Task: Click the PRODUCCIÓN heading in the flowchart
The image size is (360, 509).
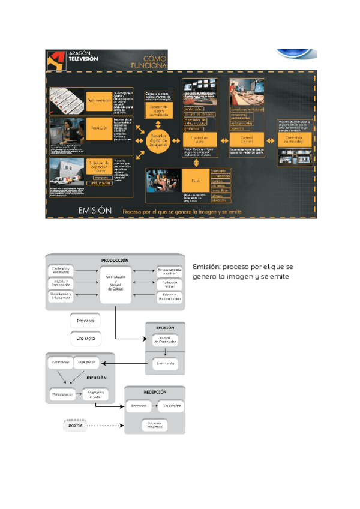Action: [116, 260]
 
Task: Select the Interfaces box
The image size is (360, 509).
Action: [85, 321]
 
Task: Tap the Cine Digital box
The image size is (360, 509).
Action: [85, 339]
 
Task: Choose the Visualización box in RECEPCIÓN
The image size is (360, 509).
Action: [170, 406]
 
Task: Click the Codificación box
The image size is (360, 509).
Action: [61, 362]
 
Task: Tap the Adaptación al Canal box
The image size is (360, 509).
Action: [95, 395]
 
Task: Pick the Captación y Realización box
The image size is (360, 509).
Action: [61, 270]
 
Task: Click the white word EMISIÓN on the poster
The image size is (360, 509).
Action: [95, 211]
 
